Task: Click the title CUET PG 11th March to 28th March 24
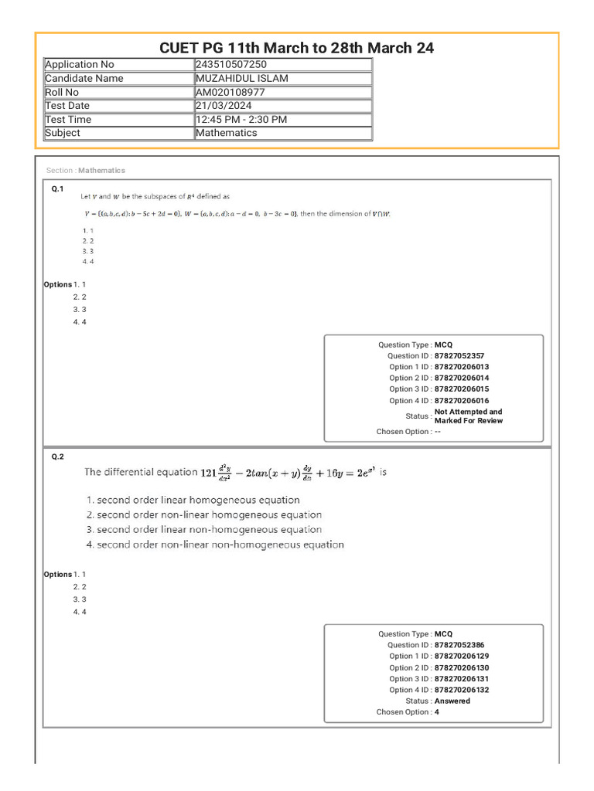point(296,48)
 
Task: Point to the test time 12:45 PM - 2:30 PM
point(241,120)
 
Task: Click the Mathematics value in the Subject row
point(226,133)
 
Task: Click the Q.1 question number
point(57,188)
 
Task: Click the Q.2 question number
point(57,457)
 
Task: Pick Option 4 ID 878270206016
point(462,400)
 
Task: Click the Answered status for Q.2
point(452,701)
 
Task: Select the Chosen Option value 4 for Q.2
point(437,712)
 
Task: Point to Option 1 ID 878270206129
point(462,656)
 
